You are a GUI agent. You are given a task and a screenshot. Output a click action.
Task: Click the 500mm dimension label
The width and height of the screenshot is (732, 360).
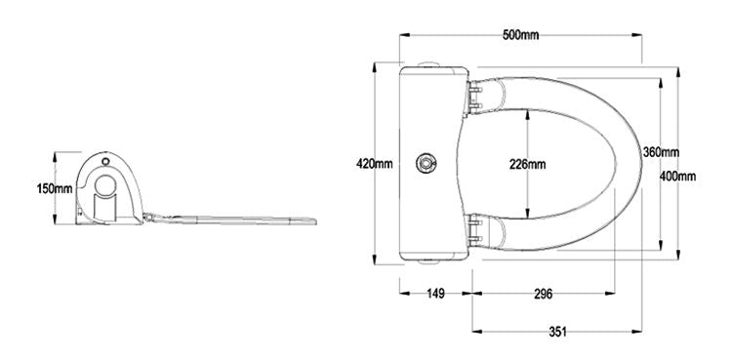point(520,35)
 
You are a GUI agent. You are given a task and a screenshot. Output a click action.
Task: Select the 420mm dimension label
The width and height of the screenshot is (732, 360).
point(375,164)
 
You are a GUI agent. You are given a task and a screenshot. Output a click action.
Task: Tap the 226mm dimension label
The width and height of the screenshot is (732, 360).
point(527,164)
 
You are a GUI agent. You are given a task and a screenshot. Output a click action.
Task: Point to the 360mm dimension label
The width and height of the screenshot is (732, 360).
point(661,152)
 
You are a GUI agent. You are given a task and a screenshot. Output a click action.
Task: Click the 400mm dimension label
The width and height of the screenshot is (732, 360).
point(678,176)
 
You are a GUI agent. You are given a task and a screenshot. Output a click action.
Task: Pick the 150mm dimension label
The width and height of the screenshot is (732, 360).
point(55,188)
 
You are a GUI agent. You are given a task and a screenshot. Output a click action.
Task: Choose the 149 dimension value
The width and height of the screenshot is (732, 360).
point(435,294)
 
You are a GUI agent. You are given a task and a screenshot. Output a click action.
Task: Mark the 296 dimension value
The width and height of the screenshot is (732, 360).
point(543,294)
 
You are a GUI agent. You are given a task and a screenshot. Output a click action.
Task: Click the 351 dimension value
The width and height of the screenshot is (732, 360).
point(557,332)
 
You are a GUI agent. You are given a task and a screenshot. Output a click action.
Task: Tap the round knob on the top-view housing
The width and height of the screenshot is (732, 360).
point(427,164)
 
